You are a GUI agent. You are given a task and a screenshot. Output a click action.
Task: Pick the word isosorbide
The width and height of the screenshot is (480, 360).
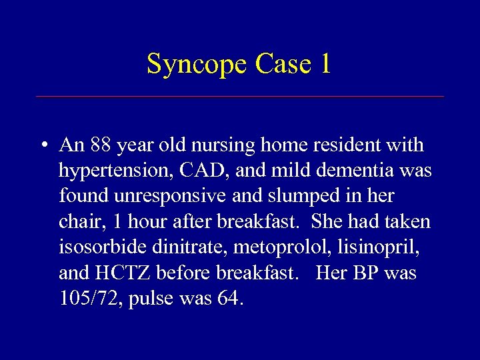(x=100, y=247)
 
